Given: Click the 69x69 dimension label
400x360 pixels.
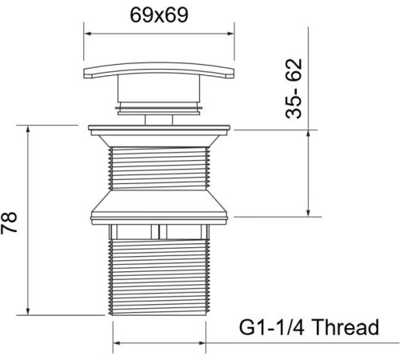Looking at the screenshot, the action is coord(159,15).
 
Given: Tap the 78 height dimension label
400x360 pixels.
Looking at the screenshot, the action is coord(9,223).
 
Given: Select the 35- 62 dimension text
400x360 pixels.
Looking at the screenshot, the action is coord(294,89).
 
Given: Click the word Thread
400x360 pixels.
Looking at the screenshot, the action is coord(345,327).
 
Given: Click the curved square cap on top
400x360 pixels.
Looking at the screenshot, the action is coord(158,70).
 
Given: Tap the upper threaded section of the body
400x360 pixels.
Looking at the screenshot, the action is coord(159,169).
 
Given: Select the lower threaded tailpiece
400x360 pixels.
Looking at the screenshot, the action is coord(159,278).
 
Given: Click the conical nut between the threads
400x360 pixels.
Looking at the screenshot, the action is coord(159,206).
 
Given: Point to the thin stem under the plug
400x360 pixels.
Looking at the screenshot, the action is coord(158,120).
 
